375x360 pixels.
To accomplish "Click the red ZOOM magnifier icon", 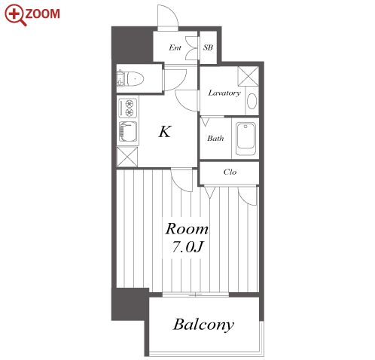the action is tap(14, 14).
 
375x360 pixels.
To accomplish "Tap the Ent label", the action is tap(175, 47).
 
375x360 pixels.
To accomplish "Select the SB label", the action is tap(208, 47).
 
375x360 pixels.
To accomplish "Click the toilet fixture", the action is tap(130, 78).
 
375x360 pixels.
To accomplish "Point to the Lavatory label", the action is tap(224, 93).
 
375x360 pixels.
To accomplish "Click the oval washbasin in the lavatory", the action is tap(252, 101).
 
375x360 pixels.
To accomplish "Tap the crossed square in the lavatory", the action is tap(248, 76).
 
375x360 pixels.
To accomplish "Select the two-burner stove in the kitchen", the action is tap(128, 108).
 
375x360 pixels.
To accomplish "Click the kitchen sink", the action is tap(128, 131).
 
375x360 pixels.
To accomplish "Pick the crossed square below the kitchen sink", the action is tap(127, 157).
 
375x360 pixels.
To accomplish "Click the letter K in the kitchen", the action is tap(165, 131).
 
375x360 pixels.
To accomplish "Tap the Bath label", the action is tap(215, 138).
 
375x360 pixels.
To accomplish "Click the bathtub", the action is tap(245, 139).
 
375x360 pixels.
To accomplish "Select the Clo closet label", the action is tap(230, 172).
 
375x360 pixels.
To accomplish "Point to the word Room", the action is tap(187, 229).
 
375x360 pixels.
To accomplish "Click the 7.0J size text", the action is tap(187, 246).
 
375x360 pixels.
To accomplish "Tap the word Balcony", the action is tap(203, 325).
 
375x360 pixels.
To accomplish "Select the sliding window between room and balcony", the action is tap(196, 294).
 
